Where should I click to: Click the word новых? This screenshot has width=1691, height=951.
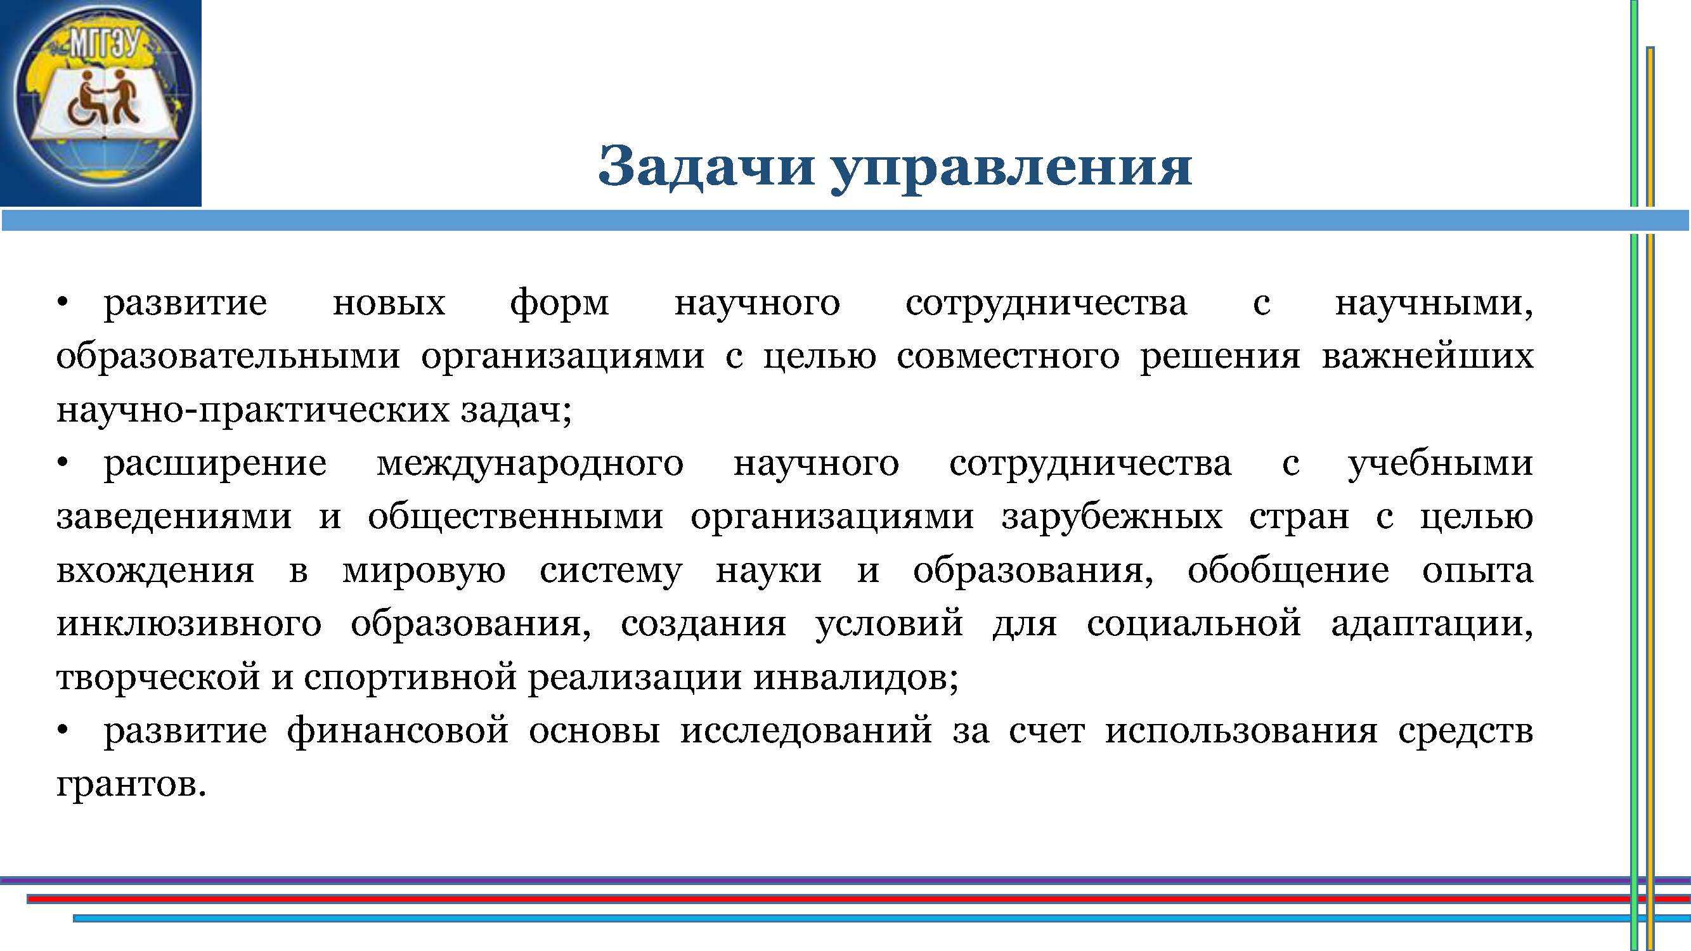[x=389, y=304]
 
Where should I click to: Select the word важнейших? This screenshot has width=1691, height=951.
[x=1427, y=357]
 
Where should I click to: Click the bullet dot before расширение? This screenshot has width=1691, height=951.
[x=62, y=463]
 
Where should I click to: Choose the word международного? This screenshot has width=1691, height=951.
[x=530, y=465]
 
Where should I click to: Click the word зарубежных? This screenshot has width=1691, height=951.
[x=1112, y=517]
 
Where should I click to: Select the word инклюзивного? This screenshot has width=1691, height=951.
[x=189, y=624]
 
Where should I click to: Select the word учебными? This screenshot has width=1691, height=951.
[x=1441, y=465]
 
